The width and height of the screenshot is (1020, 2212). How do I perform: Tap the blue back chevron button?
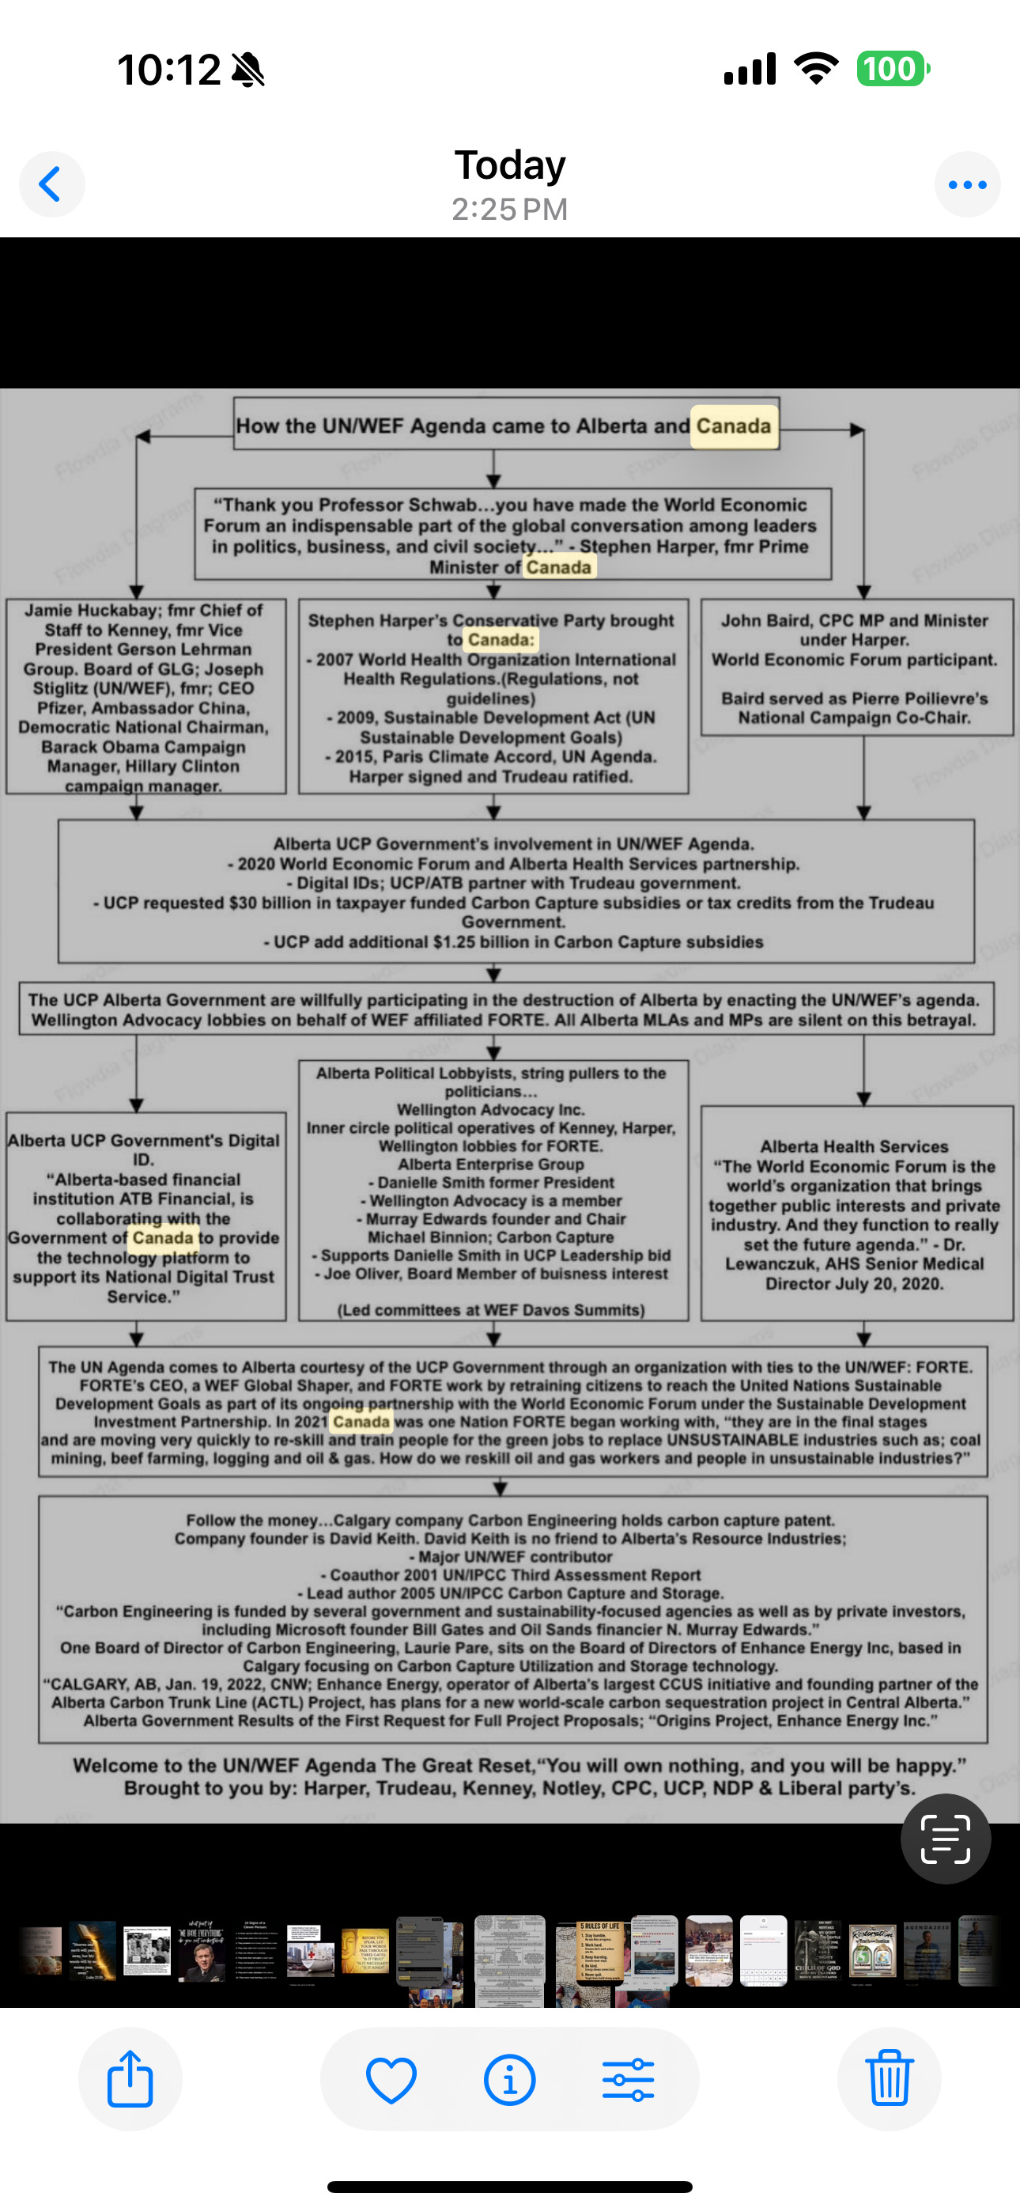coord(51,184)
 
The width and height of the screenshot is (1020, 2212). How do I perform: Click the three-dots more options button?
coord(967,184)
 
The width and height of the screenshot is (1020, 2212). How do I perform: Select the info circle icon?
coord(509,2080)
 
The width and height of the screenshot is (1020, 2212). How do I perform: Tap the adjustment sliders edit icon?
coord(628,2080)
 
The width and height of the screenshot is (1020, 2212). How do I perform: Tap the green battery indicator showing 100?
coord(892,69)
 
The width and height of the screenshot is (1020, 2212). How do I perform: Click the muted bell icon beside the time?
coord(248,70)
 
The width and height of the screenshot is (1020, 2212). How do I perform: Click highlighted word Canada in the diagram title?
coord(733,426)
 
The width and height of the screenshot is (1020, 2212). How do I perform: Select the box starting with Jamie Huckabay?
coord(145,696)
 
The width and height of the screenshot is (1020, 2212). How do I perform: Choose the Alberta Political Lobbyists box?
coord(493,1190)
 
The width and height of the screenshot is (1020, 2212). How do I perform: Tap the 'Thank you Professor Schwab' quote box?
coord(512,535)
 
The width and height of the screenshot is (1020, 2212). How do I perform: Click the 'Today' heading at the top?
coord(510,165)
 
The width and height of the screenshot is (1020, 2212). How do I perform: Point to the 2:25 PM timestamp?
coord(510,210)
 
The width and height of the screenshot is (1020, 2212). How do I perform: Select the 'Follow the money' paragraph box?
coord(512,1619)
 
